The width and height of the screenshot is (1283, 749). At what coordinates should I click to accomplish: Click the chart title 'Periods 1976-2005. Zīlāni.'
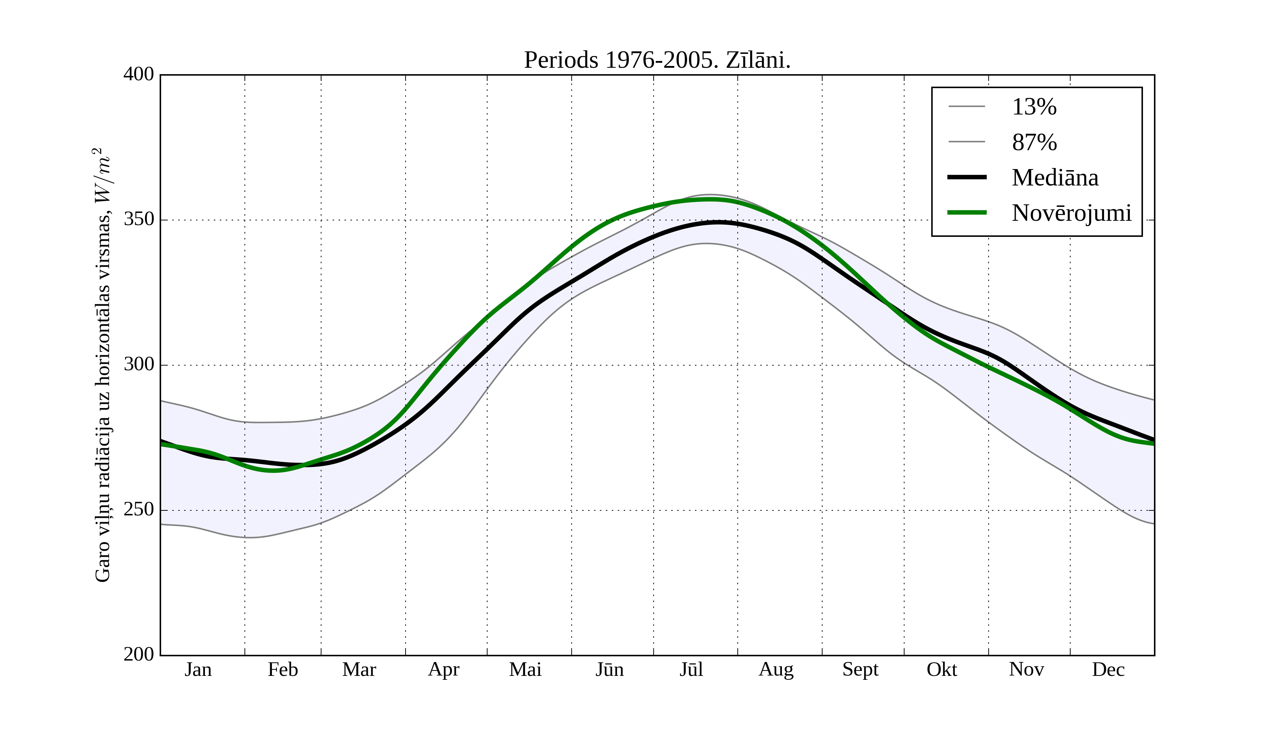click(657, 60)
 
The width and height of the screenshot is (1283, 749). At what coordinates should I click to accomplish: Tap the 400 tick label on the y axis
click(139, 75)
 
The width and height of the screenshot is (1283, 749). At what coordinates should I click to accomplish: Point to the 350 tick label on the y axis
click(139, 220)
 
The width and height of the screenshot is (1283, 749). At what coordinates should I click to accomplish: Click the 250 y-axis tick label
click(139, 510)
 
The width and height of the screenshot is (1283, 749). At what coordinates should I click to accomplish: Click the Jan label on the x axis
click(198, 669)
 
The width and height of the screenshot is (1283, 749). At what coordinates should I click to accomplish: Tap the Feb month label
click(283, 669)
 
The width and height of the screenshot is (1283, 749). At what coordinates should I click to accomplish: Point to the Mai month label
click(525, 669)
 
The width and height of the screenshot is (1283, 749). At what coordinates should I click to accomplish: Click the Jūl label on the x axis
click(691, 669)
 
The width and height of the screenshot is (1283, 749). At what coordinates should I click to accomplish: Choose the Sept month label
click(860, 669)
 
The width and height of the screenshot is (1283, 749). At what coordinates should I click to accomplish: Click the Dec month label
click(1108, 669)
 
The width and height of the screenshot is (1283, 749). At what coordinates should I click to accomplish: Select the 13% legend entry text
click(1034, 107)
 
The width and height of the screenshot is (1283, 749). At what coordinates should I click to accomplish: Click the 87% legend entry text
click(1034, 142)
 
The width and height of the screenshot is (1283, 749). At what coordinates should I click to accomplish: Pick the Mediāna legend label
click(1055, 178)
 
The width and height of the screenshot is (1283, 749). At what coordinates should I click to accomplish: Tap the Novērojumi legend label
click(1071, 213)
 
